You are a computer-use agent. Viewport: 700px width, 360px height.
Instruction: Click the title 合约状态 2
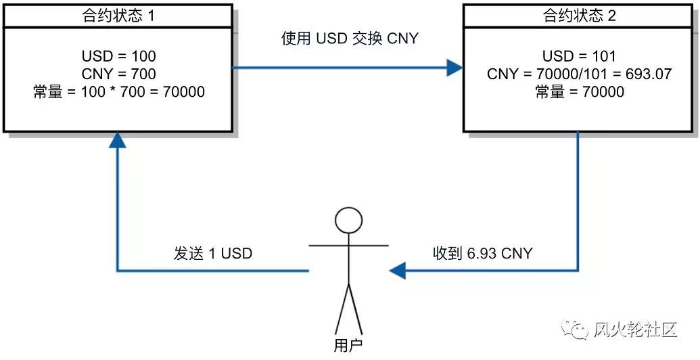point(579,16)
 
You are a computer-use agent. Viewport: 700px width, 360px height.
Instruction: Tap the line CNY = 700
point(118,73)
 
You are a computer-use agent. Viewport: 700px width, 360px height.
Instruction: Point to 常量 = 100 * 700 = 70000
point(118,91)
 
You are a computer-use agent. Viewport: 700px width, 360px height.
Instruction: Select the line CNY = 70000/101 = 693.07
point(579,73)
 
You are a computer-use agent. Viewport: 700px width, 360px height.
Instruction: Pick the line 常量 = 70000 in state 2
point(579,91)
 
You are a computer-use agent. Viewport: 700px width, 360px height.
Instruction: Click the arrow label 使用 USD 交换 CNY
point(350,39)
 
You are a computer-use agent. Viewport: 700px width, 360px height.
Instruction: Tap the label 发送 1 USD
point(212,254)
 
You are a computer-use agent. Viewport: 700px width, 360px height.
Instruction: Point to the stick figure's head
point(349,221)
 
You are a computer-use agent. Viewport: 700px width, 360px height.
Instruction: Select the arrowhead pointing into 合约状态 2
point(454,68)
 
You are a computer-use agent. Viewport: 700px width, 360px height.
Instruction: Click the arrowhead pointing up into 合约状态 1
point(118,139)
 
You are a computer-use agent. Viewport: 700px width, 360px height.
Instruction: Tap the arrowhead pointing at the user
point(397,271)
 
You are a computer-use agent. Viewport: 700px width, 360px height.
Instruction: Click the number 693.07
point(647,73)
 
